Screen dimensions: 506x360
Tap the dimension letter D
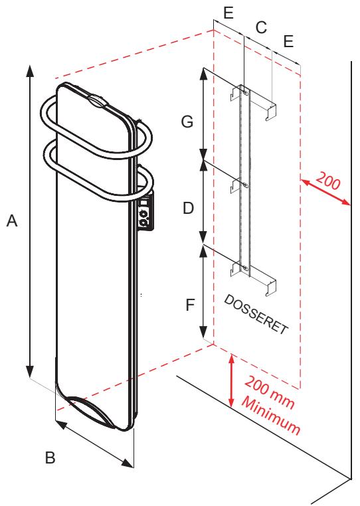[x=188, y=208]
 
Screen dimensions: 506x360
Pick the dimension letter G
[x=187, y=122]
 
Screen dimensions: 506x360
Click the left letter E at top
[x=228, y=11]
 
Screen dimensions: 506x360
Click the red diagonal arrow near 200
[x=325, y=193]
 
